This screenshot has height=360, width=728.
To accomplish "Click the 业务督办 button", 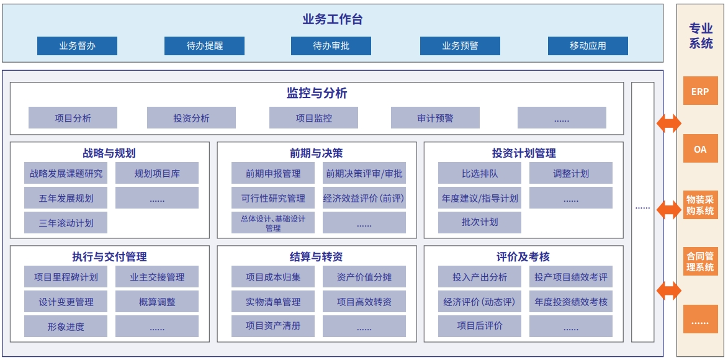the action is [x=77, y=46].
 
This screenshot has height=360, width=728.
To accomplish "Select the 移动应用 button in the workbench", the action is [x=588, y=46].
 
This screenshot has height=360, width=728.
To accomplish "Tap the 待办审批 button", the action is [x=331, y=46].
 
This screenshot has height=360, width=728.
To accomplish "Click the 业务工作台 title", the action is [x=333, y=19].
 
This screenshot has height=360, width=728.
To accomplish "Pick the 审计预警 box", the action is [x=435, y=118].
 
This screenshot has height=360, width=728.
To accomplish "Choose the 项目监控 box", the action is [x=313, y=118].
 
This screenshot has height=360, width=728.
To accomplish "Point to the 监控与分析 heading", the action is [x=317, y=93].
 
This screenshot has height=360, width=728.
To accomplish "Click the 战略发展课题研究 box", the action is [x=66, y=173].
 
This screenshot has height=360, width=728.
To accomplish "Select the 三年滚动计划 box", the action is [x=66, y=223].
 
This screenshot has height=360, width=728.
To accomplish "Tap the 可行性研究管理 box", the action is [x=273, y=199].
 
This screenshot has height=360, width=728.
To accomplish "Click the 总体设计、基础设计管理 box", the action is [x=273, y=223].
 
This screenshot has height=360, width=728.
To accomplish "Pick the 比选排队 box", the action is [x=480, y=173].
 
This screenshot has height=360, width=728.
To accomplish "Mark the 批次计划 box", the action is [x=480, y=223].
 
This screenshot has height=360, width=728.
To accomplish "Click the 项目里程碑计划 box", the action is [x=66, y=277].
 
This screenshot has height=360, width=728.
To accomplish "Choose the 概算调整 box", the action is [x=157, y=302].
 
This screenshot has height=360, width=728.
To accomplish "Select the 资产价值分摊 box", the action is [x=364, y=277].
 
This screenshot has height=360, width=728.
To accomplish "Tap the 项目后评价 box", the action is [x=480, y=326].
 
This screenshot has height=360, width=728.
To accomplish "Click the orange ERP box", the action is [x=700, y=91].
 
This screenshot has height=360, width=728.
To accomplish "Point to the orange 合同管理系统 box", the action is [x=700, y=261].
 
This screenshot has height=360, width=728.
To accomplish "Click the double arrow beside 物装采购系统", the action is [x=669, y=209].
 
